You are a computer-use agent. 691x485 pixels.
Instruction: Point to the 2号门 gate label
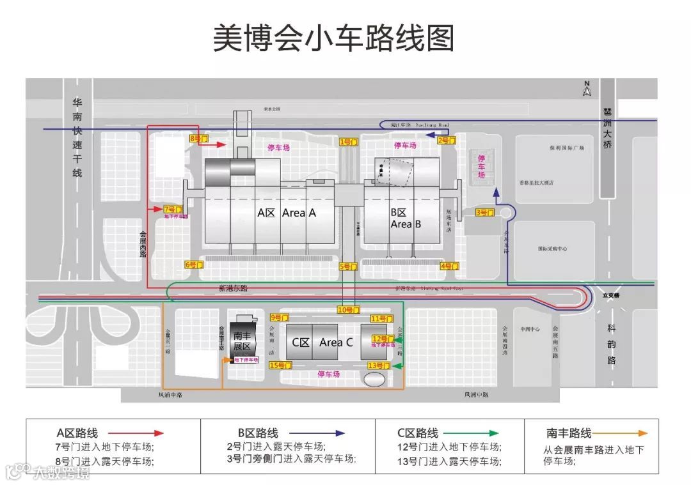[x=447, y=140]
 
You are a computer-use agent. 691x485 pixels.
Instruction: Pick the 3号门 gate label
[x=485, y=212]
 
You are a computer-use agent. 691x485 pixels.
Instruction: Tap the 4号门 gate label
[x=450, y=266]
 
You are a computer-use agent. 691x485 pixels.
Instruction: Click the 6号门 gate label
[x=194, y=265]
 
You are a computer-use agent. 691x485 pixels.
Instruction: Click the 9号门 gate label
[x=280, y=318]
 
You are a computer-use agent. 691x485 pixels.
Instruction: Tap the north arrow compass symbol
[x=587, y=89]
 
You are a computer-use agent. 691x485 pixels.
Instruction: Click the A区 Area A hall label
[x=287, y=213]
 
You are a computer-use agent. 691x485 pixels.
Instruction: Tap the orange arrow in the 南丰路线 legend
[x=620, y=433]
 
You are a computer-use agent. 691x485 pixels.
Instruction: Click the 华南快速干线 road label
[x=77, y=139]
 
